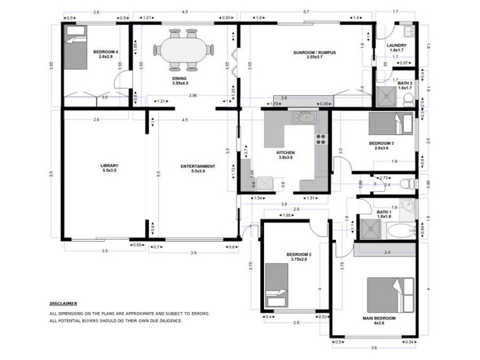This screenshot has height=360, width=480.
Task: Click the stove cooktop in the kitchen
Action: (321, 139)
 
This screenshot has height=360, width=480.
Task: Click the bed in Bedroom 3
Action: (391, 124)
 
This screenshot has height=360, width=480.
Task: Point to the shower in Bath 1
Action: (369, 229)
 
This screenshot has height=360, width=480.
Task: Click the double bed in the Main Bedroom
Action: (391, 295)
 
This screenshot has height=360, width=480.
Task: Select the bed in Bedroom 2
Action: (277, 284)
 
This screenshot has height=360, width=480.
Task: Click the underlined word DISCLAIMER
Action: (63, 304)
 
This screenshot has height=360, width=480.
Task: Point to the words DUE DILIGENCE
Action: (164, 320)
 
